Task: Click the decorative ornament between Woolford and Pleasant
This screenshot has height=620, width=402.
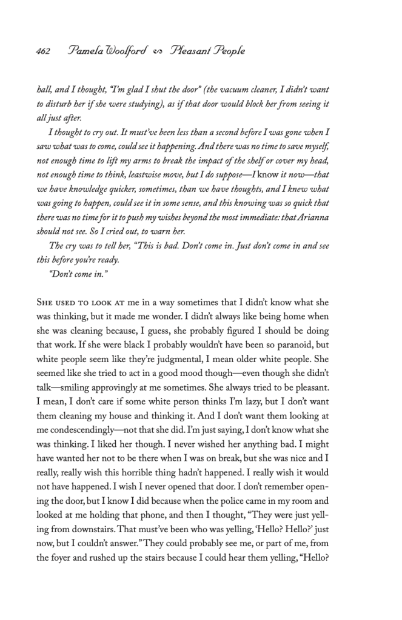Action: pyautogui.click(x=160, y=51)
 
